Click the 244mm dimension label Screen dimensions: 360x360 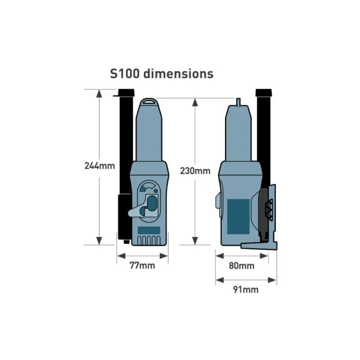(x=99, y=166)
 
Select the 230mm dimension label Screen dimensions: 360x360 (x=195, y=171)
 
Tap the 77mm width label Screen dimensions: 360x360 (x=142, y=265)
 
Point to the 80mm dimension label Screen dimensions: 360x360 (x=242, y=265)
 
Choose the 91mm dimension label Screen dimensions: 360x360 (x=246, y=289)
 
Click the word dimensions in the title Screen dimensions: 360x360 (x=178, y=74)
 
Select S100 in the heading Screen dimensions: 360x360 (x=125, y=74)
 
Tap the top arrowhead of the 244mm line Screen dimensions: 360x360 (x=99, y=94)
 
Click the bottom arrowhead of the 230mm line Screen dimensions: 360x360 (x=195, y=241)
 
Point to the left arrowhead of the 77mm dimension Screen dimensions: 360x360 (x=121, y=256)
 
